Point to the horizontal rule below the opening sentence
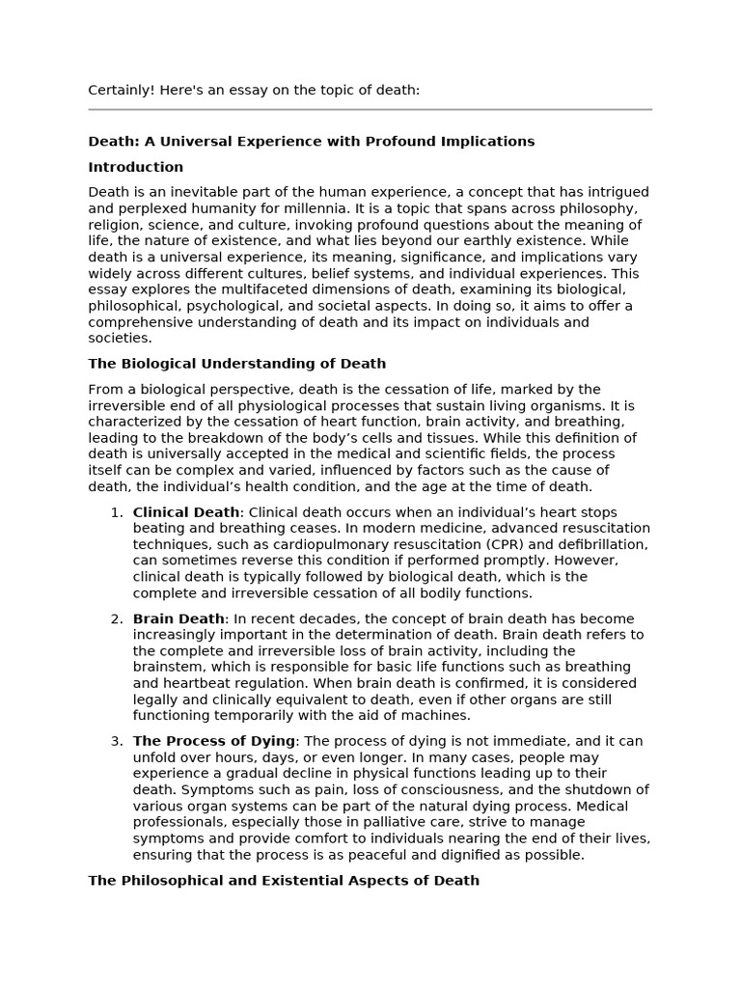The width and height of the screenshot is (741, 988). pos(370,110)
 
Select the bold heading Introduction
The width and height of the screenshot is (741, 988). pos(135,167)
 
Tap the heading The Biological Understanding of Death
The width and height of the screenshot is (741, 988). pos(236,364)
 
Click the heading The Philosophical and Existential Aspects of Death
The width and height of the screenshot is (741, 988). pos(283,881)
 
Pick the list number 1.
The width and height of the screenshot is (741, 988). pos(115,512)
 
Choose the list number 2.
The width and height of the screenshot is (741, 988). pos(115,618)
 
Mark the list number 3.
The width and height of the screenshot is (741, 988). pos(115,741)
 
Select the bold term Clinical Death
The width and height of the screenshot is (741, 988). pos(185,512)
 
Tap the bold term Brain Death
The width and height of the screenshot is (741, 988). pos(178,618)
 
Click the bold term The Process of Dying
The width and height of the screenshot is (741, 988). pos(213,741)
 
